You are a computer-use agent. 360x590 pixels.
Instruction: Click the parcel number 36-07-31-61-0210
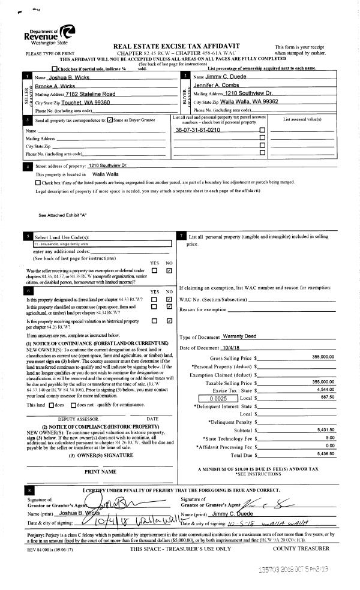[x=197, y=130]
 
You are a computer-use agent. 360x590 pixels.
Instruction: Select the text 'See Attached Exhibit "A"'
[x=63, y=215]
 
